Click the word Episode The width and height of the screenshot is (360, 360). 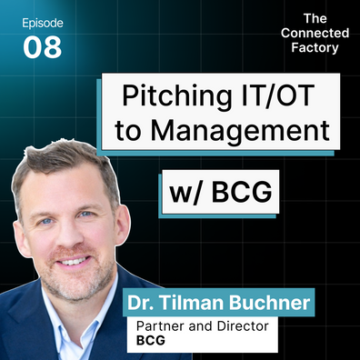pos(43,24)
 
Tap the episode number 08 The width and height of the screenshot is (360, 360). pos(43,47)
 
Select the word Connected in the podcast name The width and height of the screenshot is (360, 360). pos(315,33)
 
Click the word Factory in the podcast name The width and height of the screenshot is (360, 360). pos(315,48)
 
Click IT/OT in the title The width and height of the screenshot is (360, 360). pos(277,95)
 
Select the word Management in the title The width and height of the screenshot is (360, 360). pos(240,131)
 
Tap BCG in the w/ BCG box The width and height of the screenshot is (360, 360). pos(242,192)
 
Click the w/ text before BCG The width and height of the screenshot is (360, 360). pos(185,193)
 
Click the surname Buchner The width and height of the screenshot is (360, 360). pos(269,303)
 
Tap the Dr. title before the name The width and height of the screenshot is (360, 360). pos(141,303)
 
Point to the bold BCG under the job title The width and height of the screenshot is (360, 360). pos(151,340)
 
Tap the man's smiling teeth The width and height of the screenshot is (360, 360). pos(74,261)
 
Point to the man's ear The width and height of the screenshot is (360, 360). pos(122,225)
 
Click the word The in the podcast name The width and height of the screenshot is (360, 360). pos(315,19)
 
